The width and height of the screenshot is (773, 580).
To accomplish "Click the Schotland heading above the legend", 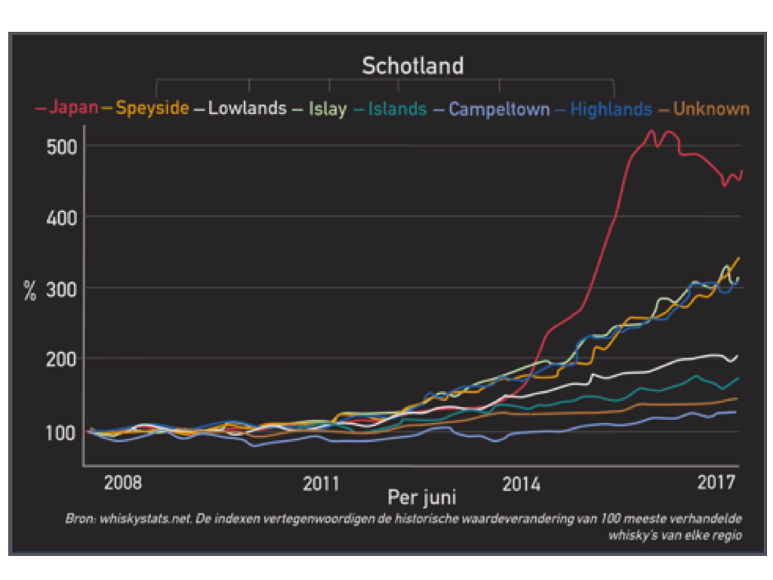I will [412, 66].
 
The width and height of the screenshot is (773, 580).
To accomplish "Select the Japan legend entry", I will [73, 107].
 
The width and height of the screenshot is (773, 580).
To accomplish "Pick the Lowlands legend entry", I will [247, 108].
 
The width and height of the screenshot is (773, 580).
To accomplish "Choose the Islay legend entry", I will [327, 109].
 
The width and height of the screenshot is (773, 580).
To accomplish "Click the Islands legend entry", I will [397, 109].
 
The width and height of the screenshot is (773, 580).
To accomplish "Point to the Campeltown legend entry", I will [498, 109].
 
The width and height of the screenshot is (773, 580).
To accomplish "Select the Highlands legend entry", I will [610, 109].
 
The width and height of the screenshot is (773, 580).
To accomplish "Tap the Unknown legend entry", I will [711, 109].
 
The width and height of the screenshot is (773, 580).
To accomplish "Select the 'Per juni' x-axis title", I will [421, 498].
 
